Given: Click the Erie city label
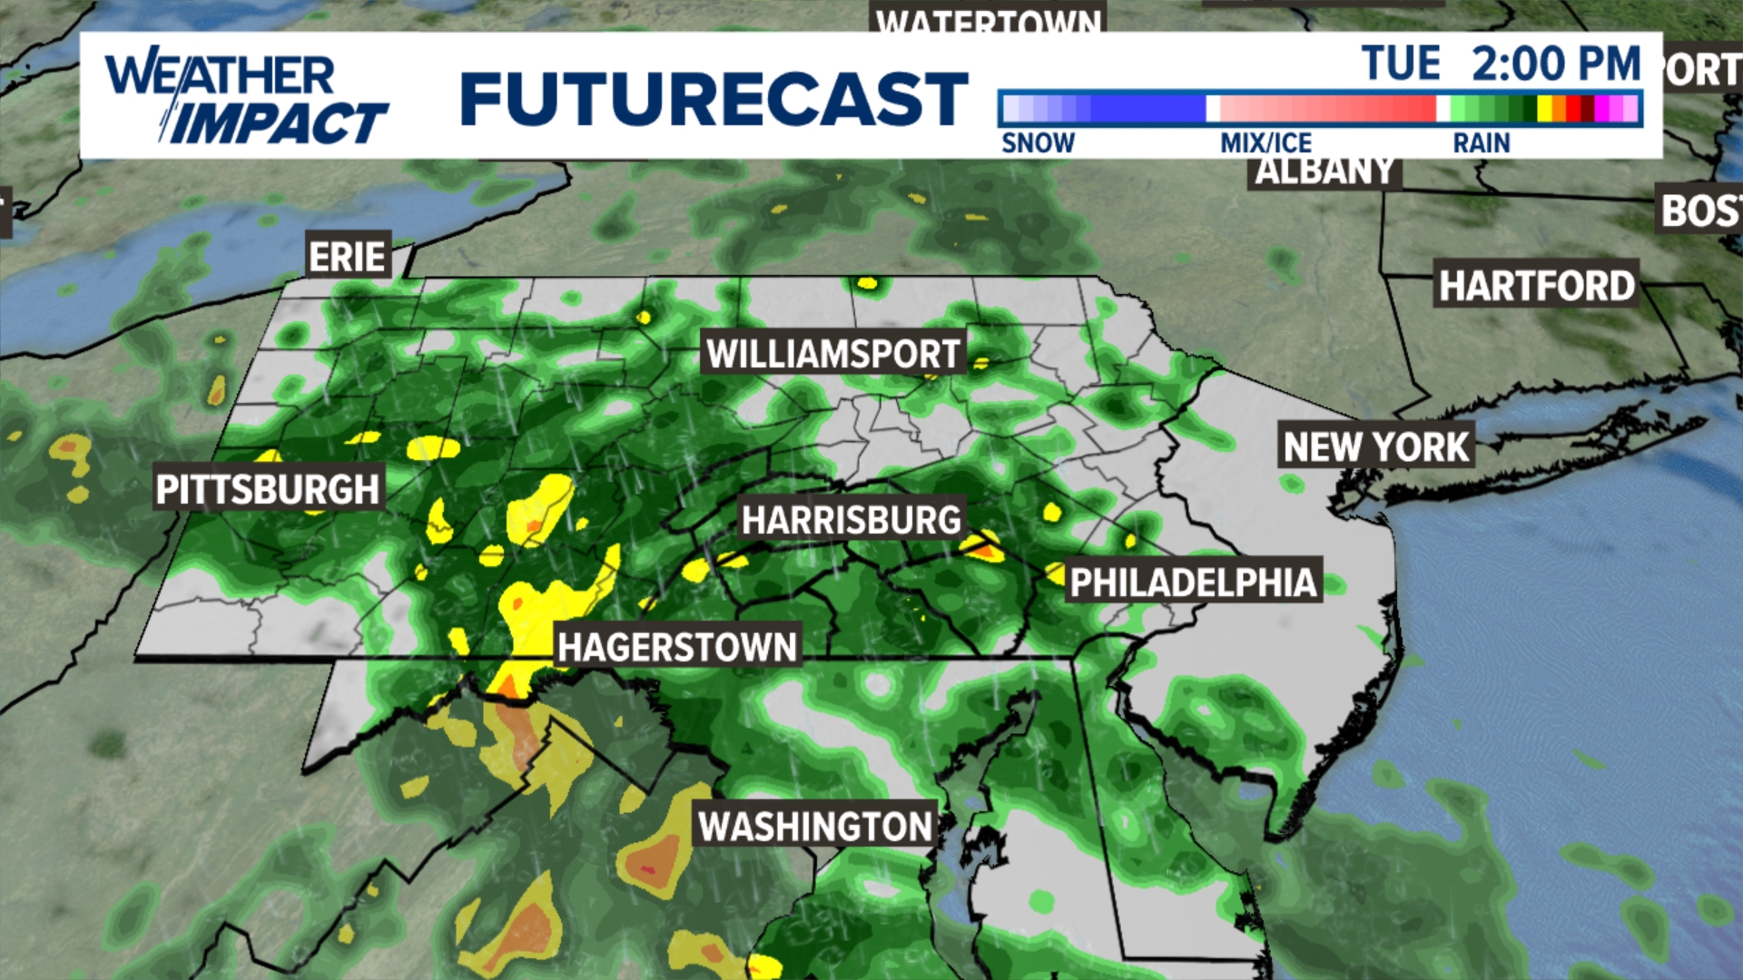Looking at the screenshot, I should coord(348,257).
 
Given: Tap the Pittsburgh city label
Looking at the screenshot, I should coord(267,489).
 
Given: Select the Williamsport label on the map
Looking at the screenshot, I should coord(833,353).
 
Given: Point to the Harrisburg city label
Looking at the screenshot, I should coord(851,520).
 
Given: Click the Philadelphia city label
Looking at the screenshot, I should coord(1193,583).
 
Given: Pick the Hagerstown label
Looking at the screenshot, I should coord(677,647).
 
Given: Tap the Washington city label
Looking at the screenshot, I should coord(814,827).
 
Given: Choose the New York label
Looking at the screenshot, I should coord(1375,446).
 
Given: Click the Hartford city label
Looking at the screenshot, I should coord(1536,286).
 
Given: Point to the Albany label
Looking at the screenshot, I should coord(1324,171).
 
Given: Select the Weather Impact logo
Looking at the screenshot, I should coord(245,98).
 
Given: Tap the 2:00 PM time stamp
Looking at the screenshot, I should coord(1556,64).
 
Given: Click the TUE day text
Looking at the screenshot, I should coord(1401,64).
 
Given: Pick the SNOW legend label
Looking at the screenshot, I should coord(1038,142).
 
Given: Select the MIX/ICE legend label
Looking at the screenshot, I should coord(1265,142).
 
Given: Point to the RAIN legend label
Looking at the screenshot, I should coord(1482,142).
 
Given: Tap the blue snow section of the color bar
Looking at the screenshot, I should coord(1144,109).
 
